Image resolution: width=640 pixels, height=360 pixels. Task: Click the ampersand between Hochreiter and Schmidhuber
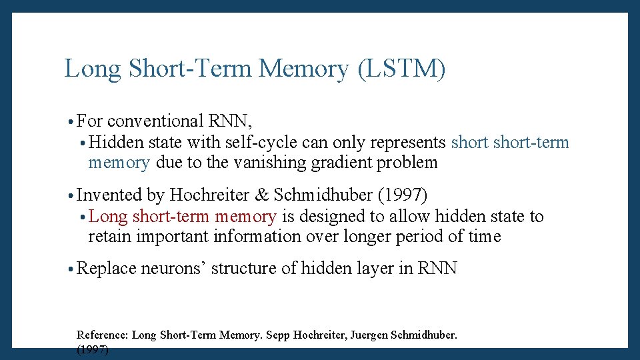[x=263, y=195]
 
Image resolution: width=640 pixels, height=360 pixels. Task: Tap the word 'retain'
[x=105, y=236]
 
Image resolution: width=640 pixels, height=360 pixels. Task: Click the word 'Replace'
[x=107, y=269]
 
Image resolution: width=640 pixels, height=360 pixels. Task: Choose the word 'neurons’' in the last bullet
[x=173, y=269]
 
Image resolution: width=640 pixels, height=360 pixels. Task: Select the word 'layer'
[x=369, y=269]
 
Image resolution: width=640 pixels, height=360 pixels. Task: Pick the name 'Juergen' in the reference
[x=369, y=335]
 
